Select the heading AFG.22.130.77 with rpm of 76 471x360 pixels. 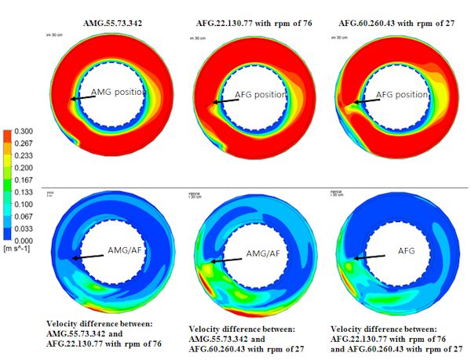pos(254,24)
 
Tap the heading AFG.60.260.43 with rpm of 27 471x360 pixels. pos(396,24)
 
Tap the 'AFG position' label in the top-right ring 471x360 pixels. pos(405,94)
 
